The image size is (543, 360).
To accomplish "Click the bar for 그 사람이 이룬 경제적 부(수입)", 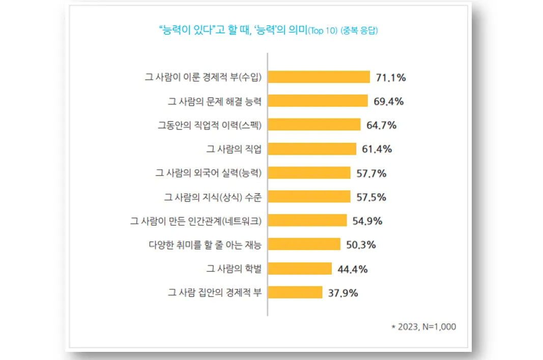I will [x=319, y=77].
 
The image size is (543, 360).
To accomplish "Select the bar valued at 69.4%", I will [x=318, y=101].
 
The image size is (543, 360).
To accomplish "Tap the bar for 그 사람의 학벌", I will [x=300, y=268].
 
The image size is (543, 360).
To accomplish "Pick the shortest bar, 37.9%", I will [x=295, y=292].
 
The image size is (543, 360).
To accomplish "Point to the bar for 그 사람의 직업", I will [x=312, y=148].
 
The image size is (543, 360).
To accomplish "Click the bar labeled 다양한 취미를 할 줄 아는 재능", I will [x=304, y=245].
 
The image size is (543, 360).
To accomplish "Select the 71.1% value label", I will [x=391, y=77].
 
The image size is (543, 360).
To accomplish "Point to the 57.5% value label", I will [x=371, y=197].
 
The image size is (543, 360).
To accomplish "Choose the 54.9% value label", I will [x=367, y=221].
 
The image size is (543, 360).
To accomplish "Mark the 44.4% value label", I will [x=353, y=269].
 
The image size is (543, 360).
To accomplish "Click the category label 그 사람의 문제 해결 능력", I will [x=215, y=101].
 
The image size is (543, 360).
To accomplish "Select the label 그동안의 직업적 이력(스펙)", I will [x=210, y=125].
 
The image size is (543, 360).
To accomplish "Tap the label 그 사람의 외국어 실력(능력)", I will [x=209, y=173].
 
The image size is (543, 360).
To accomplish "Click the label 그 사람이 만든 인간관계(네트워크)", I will [x=196, y=221].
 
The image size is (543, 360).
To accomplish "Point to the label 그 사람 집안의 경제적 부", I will [x=215, y=293].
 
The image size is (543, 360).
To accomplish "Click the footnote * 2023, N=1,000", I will [x=423, y=327].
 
